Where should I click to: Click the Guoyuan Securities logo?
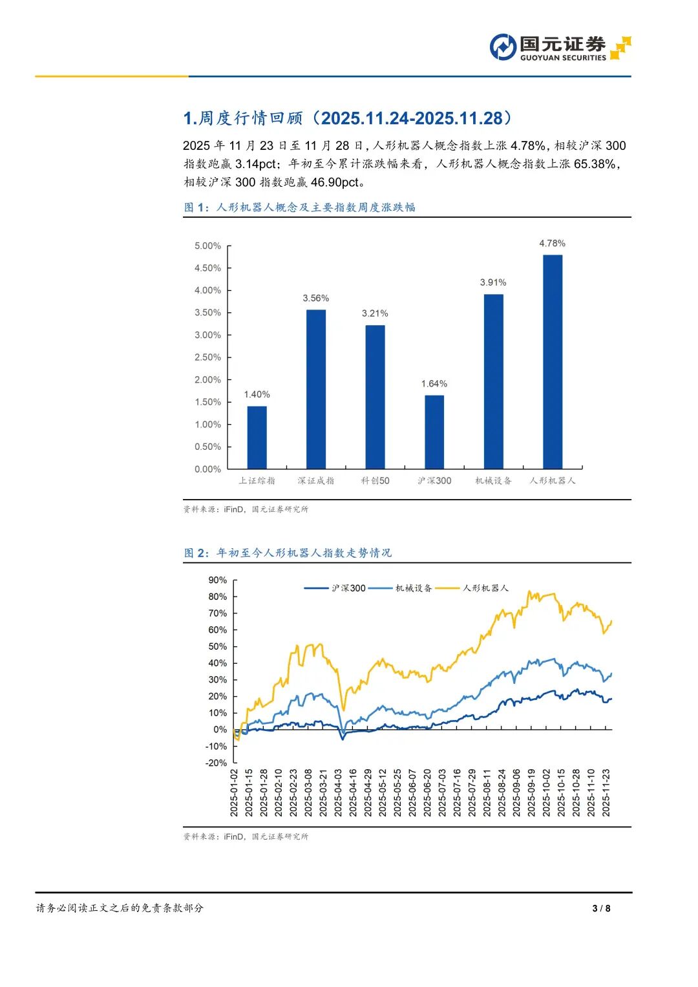(560, 48)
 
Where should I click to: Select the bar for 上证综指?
(257, 437)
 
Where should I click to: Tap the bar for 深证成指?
(316, 389)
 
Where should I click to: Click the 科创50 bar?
(375, 397)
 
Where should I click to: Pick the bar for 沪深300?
(434, 432)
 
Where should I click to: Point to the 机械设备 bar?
(493, 381)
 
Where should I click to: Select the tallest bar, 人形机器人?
(553, 362)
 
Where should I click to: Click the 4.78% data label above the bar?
(553, 244)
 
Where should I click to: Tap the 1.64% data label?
(434, 384)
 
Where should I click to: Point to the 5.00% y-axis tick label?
(207, 246)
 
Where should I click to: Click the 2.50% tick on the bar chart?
(207, 357)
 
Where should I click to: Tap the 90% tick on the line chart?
(218, 580)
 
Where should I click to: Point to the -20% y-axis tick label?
(217, 763)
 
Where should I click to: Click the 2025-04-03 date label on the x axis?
(339, 793)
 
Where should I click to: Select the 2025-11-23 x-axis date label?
(606, 793)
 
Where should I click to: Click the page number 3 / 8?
(601, 908)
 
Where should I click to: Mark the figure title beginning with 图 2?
(288, 553)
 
